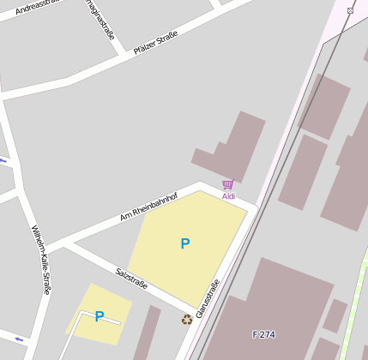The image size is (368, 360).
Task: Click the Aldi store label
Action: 228,196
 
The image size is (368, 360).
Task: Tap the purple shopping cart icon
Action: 227,184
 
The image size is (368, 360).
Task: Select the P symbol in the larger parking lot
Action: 184,244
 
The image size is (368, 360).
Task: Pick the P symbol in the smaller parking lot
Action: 100,316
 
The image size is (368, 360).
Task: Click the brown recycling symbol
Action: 187,320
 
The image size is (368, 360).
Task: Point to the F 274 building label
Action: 263,334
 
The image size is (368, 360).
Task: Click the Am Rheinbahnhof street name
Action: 148,207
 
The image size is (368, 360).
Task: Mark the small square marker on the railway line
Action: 350,10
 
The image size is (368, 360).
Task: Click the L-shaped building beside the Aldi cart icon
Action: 232,146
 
